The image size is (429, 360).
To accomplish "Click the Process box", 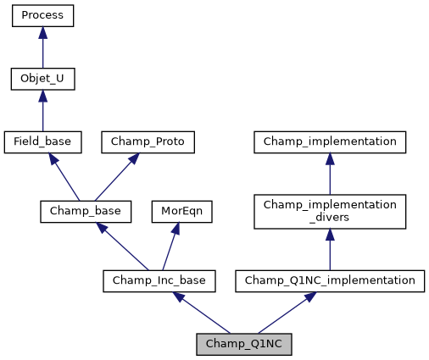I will click(x=42, y=16).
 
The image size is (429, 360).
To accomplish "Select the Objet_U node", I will click(x=42, y=79).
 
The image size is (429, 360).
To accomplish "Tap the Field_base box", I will click(x=42, y=141).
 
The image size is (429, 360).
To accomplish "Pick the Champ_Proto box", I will click(x=148, y=141).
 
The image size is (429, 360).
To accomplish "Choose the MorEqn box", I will click(x=181, y=211).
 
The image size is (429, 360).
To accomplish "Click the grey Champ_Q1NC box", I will click(x=244, y=344).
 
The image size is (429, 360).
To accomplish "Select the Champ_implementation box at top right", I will click(x=330, y=141).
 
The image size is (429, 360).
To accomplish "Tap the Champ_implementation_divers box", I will click(x=330, y=211).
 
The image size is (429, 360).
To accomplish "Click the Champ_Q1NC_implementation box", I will click(x=330, y=280).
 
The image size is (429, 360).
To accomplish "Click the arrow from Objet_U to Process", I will click(x=42, y=49).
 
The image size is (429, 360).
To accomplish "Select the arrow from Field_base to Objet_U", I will click(x=42, y=112).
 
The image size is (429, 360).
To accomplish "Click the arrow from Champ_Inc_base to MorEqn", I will click(x=171, y=245).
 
